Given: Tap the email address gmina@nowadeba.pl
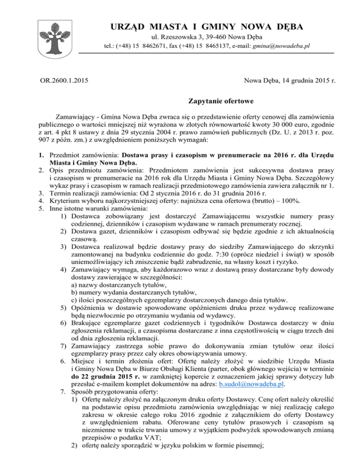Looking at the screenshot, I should click(x=283, y=46).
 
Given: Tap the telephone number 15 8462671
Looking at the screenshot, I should click(x=142, y=46).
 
